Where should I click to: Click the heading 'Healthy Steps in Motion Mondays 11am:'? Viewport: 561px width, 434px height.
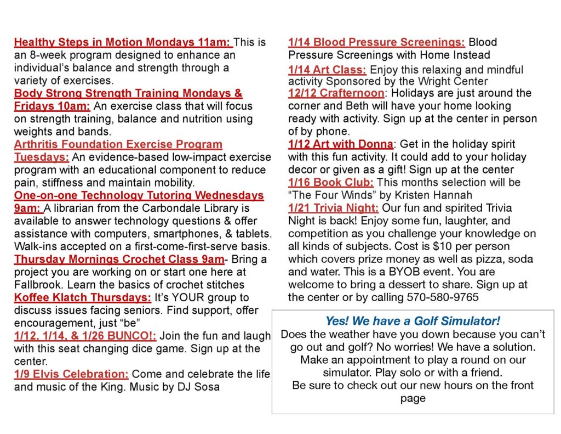(x=123, y=42)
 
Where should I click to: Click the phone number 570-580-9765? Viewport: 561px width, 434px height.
(x=443, y=297)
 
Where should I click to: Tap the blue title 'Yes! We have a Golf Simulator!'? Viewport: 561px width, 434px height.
(x=413, y=321)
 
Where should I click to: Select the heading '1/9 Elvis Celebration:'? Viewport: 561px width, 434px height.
(x=71, y=374)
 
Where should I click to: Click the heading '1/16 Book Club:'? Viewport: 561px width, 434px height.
(x=331, y=182)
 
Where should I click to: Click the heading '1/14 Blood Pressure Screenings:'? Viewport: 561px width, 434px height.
(x=376, y=42)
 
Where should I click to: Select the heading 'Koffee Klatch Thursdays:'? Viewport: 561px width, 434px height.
(x=82, y=297)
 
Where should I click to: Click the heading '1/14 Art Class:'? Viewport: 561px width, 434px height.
(x=327, y=70)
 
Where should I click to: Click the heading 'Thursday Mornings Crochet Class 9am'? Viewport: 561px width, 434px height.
(x=119, y=259)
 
